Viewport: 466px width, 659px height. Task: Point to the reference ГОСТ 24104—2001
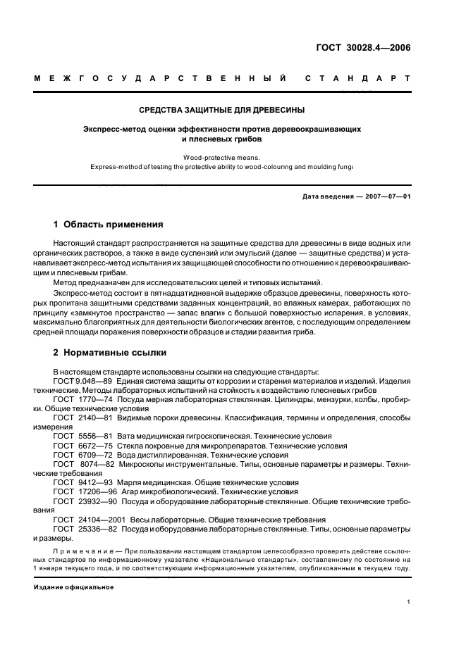[x=82, y=519]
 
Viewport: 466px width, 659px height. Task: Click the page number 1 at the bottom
[x=409, y=602]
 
